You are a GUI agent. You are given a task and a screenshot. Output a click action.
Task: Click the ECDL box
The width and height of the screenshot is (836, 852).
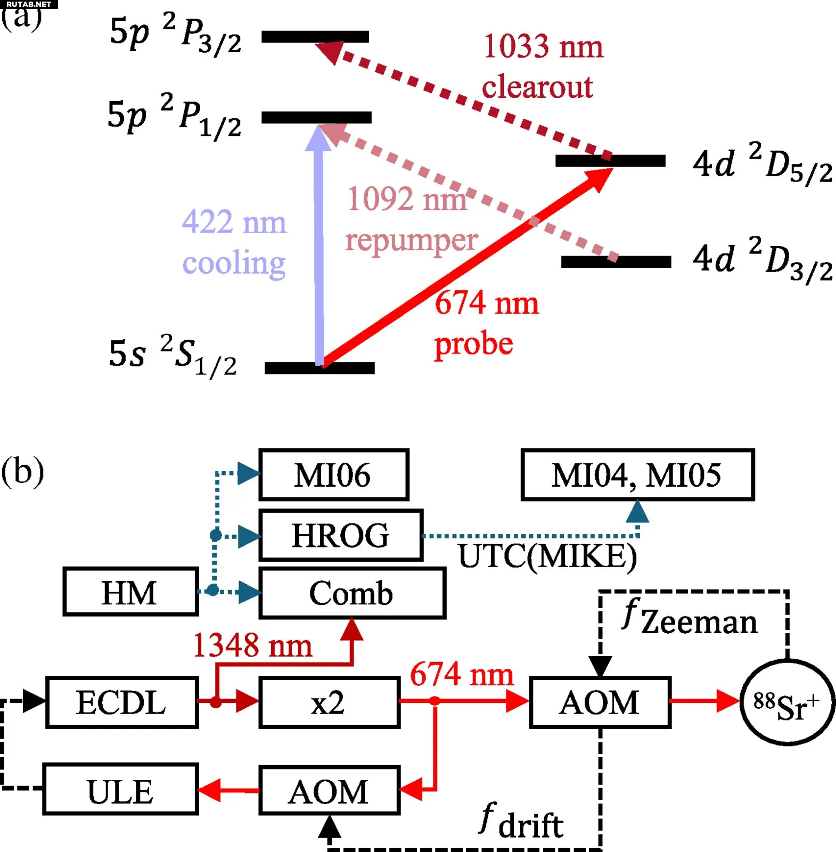pyautogui.click(x=122, y=702)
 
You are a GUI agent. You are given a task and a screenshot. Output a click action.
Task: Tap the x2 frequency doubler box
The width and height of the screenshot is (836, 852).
pyautogui.click(x=329, y=702)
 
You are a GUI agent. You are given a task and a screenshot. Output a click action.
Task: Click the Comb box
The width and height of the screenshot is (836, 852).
pyautogui.click(x=352, y=593)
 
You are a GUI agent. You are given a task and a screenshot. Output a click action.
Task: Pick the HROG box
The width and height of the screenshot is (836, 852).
pyautogui.click(x=341, y=535)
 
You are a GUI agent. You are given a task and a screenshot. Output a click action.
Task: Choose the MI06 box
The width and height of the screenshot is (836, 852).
pyautogui.click(x=333, y=474)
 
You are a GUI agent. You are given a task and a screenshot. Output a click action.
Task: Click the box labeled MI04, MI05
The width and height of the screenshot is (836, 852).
pyautogui.click(x=637, y=474)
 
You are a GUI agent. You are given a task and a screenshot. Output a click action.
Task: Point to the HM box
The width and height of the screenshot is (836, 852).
pyautogui.click(x=130, y=592)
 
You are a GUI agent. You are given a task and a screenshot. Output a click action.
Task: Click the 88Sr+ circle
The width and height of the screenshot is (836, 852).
pyautogui.click(x=787, y=703)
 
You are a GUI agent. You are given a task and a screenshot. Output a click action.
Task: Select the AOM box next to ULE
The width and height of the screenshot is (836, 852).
pyautogui.click(x=329, y=790)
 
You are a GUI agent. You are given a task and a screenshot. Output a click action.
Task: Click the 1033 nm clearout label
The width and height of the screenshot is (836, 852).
pyautogui.click(x=542, y=66)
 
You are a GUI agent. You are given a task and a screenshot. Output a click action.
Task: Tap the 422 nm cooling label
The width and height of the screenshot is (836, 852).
pyautogui.click(x=234, y=242)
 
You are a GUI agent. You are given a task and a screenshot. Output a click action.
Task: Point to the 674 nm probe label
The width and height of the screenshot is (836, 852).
pyautogui.click(x=486, y=323)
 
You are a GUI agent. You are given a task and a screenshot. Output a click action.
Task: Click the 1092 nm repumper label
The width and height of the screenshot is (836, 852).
pyautogui.click(x=410, y=219)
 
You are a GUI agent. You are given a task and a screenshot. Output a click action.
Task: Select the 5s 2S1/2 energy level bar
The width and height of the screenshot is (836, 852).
pyautogui.click(x=319, y=368)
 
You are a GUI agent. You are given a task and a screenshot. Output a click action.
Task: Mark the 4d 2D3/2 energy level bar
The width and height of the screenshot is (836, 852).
pyautogui.click(x=616, y=261)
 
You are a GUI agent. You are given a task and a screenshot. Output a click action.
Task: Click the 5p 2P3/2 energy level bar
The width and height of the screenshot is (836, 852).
pyautogui.click(x=315, y=37)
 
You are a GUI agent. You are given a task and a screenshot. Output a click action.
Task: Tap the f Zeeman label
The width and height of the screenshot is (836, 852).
pyautogui.click(x=690, y=618)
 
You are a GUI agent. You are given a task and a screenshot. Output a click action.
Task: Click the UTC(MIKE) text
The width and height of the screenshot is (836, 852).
pyautogui.click(x=547, y=557)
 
